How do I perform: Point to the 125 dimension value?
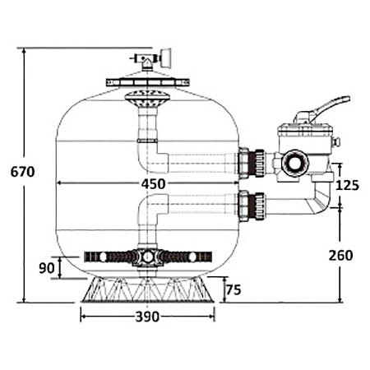point(348,186)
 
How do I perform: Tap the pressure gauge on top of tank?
point(163,58)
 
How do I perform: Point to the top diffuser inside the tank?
point(147,99)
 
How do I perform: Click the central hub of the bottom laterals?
point(147,257)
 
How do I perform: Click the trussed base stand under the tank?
point(147,288)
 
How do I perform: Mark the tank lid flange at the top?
point(148,83)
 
